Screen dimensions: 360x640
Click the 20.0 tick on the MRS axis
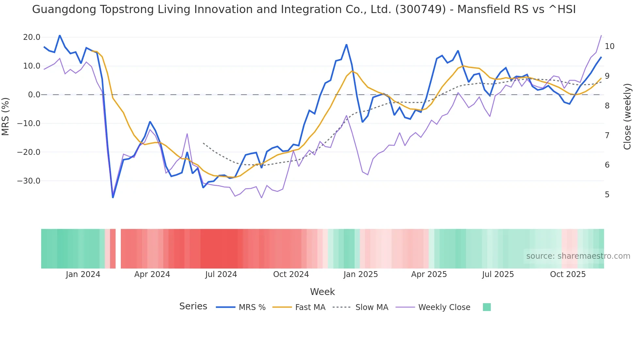tap(31, 37)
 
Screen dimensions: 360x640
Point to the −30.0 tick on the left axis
tap(29, 181)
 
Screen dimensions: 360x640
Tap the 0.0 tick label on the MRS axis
tap(34, 95)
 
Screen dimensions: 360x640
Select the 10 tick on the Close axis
tap(609, 46)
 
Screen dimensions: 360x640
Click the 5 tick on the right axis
tap(607, 195)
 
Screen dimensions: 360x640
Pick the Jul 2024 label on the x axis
tap(221, 274)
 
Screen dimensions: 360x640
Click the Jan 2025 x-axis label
tap(360, 274)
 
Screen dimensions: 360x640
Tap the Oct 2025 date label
tap(568, 274)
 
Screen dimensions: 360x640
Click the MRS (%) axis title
tap(6, 116)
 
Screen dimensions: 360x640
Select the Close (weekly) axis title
tap(627, 116)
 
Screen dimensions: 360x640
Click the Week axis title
tap(322, 292)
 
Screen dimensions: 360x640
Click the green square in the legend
tap(487, 307)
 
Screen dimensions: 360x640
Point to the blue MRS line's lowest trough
tap(113, 197)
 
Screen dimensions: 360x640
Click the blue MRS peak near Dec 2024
tap(346, 45)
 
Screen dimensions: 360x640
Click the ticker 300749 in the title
tap(421, 9)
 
